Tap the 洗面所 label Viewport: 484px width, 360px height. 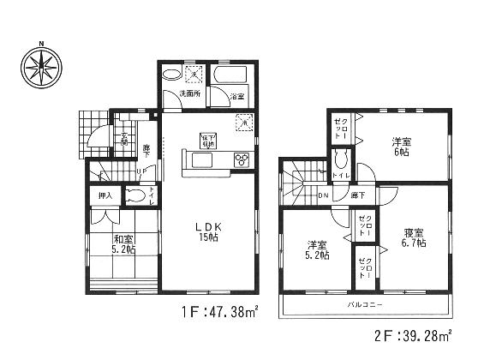click(188, 93)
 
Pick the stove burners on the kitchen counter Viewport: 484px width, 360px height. click(241, 159)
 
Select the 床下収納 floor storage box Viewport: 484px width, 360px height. click(207, 139)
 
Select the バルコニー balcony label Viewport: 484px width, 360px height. click(365, 304)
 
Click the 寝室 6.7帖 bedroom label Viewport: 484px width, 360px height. click(415, 237)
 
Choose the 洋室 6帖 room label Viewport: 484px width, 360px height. click(401, 146)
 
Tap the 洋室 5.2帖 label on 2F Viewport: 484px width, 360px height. click(313, 249)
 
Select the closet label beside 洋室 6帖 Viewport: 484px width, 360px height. click(340, 129)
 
